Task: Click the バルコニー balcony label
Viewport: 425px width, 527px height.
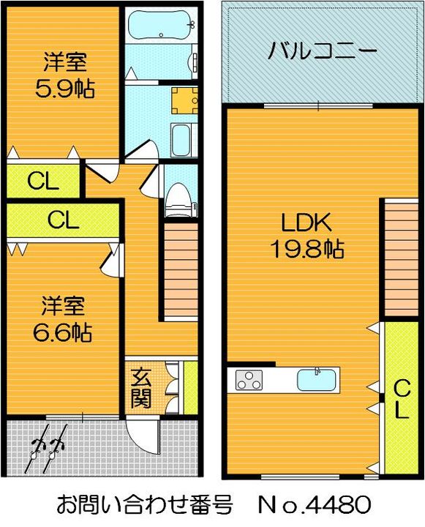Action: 322,51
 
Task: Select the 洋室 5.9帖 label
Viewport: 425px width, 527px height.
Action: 65,76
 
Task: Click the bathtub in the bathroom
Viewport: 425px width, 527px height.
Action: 159,26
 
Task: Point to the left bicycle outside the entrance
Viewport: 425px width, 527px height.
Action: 36,453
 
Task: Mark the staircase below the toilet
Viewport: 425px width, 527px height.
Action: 178,271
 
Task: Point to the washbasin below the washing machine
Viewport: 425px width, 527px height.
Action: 181,138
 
